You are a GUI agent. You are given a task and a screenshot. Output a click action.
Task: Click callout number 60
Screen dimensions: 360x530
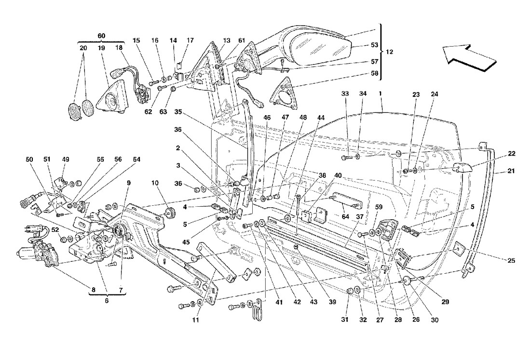(x=101, y=36)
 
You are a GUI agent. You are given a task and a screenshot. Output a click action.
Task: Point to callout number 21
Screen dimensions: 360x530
(x=511, y=171)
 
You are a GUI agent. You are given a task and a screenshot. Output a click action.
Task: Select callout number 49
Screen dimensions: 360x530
(x=65, y=160)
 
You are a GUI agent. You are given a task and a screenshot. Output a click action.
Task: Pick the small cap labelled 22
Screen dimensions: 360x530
(x=463, y=169)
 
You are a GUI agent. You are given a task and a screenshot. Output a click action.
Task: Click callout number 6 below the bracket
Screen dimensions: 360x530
(x=107, y=300)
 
